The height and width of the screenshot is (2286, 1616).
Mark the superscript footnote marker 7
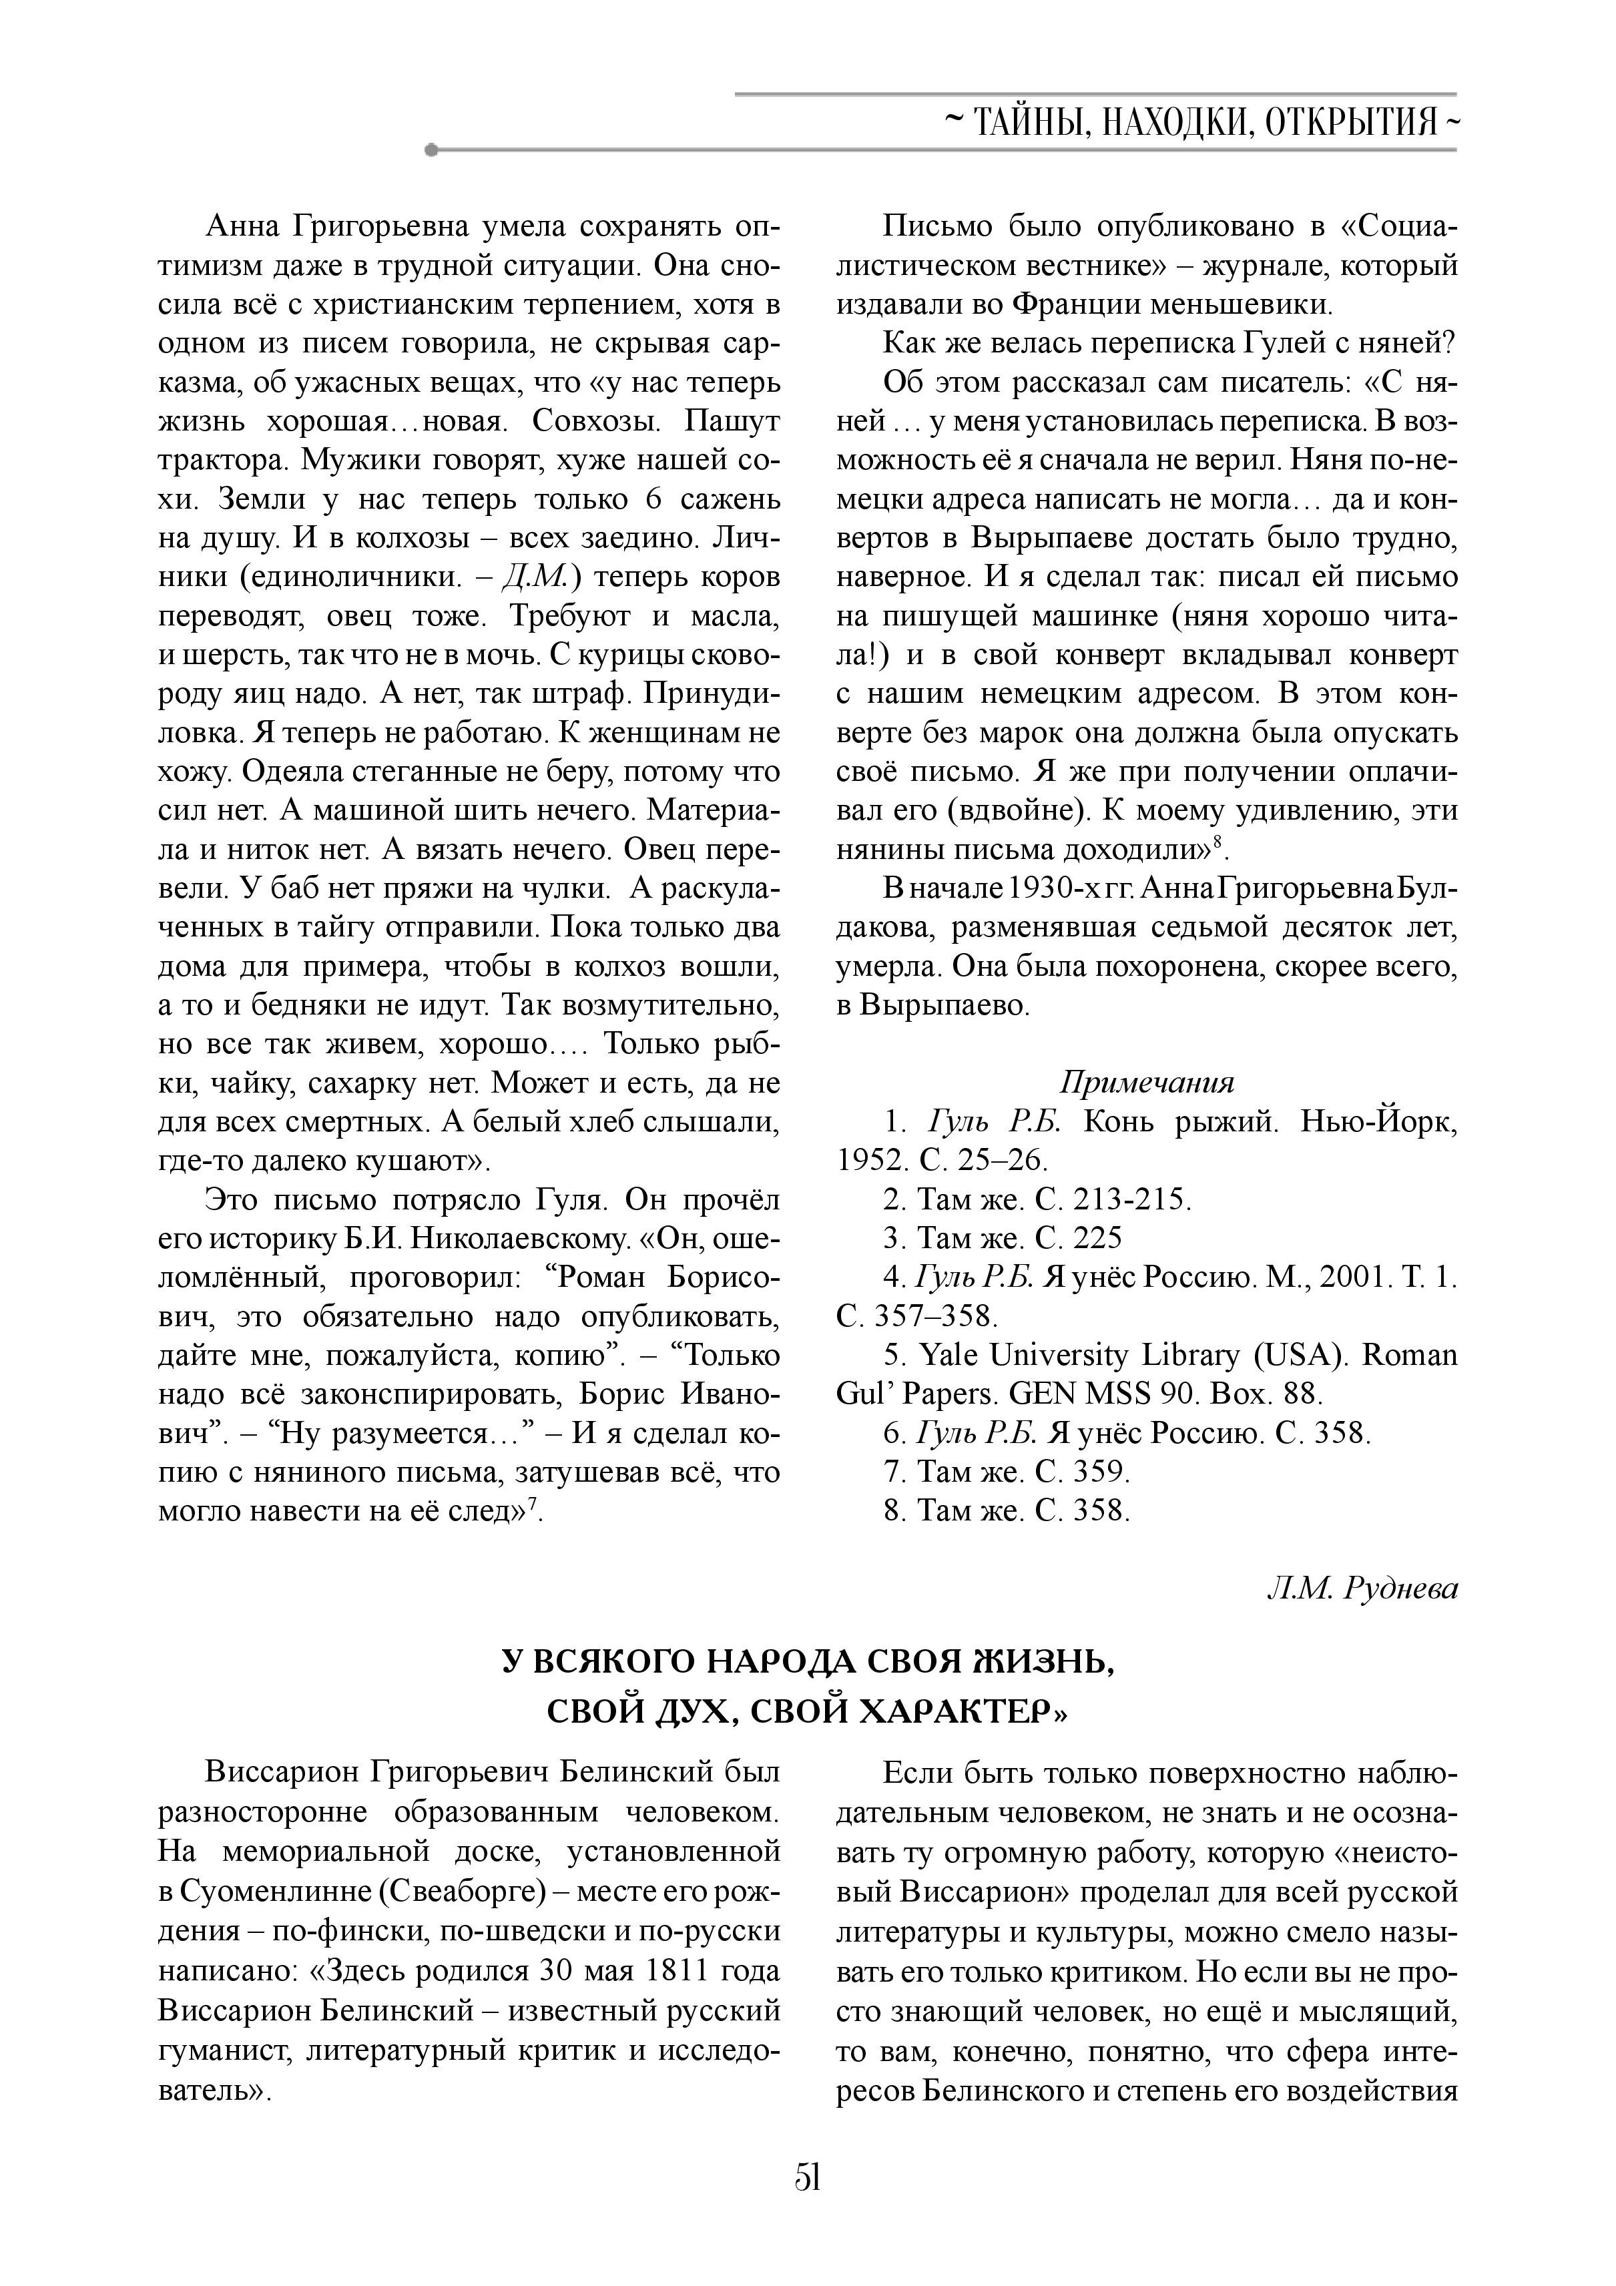[533, 1504]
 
